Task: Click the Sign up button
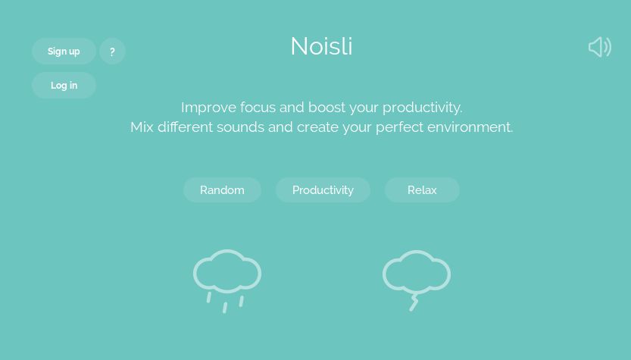click(64, 51)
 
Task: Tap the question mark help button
click(112, 51)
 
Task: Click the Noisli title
click(321, 46)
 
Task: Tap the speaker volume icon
click(600, 47)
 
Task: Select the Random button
click(222, 189)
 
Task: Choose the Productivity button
click(323, 189)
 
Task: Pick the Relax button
click(422, 189)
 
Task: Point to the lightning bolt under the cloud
click(414, 303)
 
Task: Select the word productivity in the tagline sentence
click(422, 108)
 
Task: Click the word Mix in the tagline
click(142, 127)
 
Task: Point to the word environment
click(470, 127)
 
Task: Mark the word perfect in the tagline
click(400, 127)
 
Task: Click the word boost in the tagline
click(326, 108)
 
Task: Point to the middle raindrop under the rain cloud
click(225, 308)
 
